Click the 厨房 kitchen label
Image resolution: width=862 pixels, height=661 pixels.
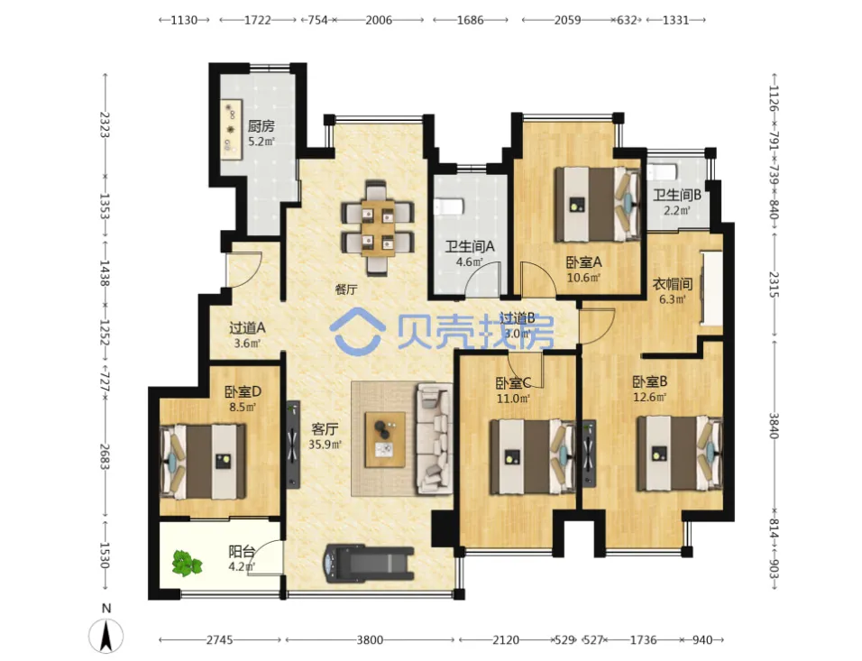pyautogui.click(x=261, y=126)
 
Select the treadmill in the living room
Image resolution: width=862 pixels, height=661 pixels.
pyautogui.click(x=369, y=563)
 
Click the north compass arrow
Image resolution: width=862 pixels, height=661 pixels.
pyautogui.click(x=106, y=635)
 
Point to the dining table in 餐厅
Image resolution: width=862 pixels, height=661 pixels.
pyautogui.click(x=378, y=227)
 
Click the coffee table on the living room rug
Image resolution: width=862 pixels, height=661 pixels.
pyautogui.click(x=385, y=440)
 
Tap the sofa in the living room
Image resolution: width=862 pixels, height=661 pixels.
pyautogui.click(x=435, y=438)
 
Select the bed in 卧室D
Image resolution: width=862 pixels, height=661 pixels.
pyautogui.click(x=203, y=462)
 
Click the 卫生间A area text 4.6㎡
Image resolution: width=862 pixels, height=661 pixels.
pyautogui.click(x=470, y=262)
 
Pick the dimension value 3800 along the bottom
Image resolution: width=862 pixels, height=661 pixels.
pyautogui.click(x=370, y=639)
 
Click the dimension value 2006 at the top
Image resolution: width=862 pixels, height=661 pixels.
pyautogui.click(x=379, y=21)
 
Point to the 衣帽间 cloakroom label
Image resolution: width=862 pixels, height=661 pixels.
pyautogui.click(x=672, y=284)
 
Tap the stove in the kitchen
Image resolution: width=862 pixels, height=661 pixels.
pyautogui.click(x=232, y=130)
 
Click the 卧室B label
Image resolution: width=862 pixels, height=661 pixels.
pyautogui.click(x=650, y=381)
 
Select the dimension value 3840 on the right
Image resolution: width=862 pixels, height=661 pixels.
pyautogui.click(x=774, y=426)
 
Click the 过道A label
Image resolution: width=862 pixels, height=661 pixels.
pyautogui.click(x=247, y=328)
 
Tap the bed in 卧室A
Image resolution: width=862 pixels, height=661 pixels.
pyautogui.click(x=598, y=204)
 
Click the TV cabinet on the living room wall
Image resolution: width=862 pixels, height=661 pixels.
pyautogui.click(x=293, y=445)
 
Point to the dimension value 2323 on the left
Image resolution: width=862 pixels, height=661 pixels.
pyautogui.click(x=105, y=125)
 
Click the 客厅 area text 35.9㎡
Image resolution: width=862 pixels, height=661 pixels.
pyautogui.click(x=325, y=445)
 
